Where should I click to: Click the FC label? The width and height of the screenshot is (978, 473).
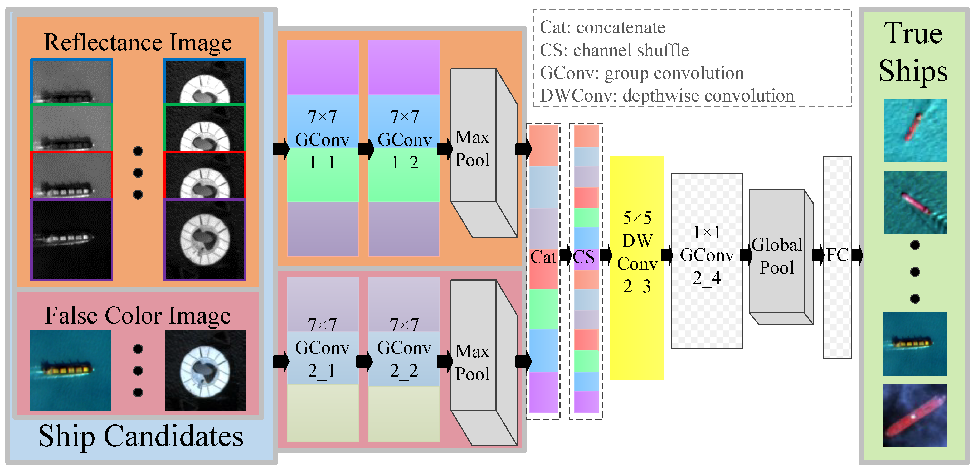tap(837, 255)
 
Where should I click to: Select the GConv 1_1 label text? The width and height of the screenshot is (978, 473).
tap(322, 140)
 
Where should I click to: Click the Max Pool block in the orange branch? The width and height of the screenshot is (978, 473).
tap(473, 149)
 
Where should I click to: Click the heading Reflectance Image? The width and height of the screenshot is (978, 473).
tap(138, 42)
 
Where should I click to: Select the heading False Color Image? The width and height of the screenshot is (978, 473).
tap(138, 315)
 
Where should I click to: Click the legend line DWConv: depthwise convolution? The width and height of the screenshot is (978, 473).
tap(667, 96)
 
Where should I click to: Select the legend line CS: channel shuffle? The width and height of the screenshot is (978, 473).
tap(614, 50)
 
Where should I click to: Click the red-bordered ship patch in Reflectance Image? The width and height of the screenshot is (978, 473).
tap(72, 175)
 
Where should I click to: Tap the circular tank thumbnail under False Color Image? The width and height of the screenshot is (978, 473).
tap(205, 370)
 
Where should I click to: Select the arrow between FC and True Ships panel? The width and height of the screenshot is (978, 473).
tap(857, 255)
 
